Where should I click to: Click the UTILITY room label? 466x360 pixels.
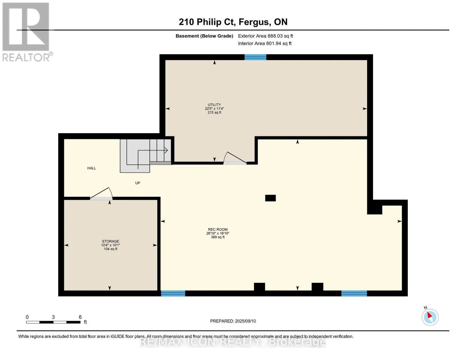click(x=214, y=105)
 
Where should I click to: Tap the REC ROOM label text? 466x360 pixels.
click(x=218, y=229)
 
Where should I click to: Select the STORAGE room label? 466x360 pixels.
click(x=110, y=241)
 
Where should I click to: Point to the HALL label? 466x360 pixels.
click(x=92, y=168)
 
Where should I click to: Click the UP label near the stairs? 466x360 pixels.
click(x=138, y=183)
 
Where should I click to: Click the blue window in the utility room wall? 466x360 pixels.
click(x=255, y=57)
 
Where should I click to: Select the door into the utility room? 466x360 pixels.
click(x=235, y=158)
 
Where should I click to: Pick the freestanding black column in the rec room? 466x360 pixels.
click(x=270, y=198)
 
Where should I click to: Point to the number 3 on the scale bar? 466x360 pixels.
click(x=53, y=317)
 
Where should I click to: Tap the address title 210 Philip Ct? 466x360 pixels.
click(x=207, y=22)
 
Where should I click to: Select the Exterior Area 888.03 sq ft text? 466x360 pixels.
click(x=266, y=36)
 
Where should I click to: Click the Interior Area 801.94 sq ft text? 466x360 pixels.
click(x=265, y=43)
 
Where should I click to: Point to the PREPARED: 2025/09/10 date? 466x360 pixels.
click(x=233, y=321)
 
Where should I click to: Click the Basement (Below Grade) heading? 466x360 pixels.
click(x=204, y=36)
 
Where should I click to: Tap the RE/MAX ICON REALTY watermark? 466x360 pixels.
click(x=233, y=342)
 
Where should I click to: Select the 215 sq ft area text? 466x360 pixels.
click(x=214, y=112)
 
